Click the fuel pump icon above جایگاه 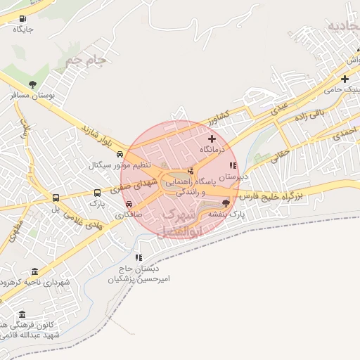23,19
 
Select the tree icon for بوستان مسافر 32,84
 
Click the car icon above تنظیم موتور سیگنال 120,154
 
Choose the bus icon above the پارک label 97,192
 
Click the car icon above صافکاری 128,204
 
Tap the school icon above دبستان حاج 139,258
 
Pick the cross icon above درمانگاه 212,139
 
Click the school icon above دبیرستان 232,165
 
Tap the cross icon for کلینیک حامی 345,79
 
